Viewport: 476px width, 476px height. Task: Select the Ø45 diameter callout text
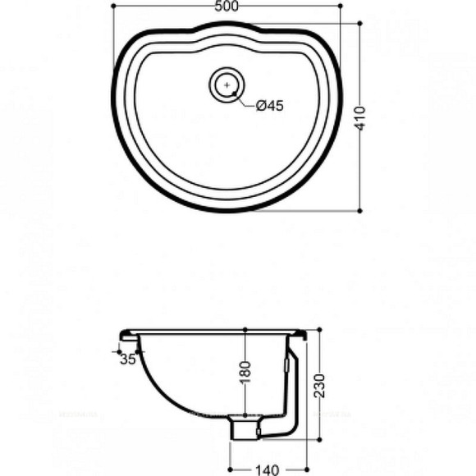tap(269, 105)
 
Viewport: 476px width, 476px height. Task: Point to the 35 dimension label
tap(127, 359)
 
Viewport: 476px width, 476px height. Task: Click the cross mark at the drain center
tap(227, 84)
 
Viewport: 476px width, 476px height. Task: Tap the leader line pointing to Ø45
tap(244, 99)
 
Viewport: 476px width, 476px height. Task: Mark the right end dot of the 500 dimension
tap(341, 6)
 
